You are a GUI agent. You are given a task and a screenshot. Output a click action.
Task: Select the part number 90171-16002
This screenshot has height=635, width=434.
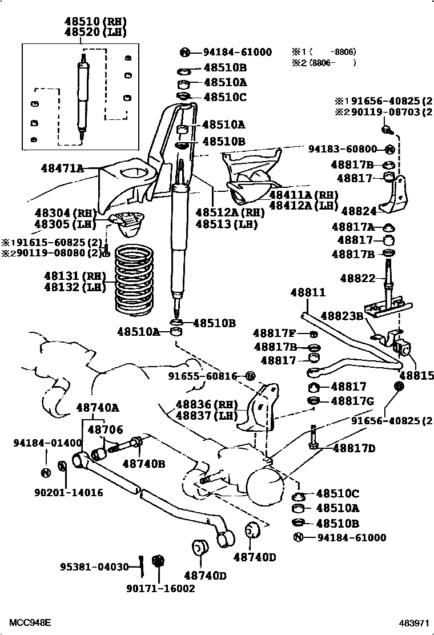(160, 588)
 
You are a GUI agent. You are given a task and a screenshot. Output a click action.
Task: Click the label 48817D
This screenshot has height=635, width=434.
(353, 448)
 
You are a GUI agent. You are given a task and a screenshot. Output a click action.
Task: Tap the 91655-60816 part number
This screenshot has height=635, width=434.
(202, 376)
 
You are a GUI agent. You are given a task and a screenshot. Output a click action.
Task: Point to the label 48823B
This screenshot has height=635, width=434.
(341, 315)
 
